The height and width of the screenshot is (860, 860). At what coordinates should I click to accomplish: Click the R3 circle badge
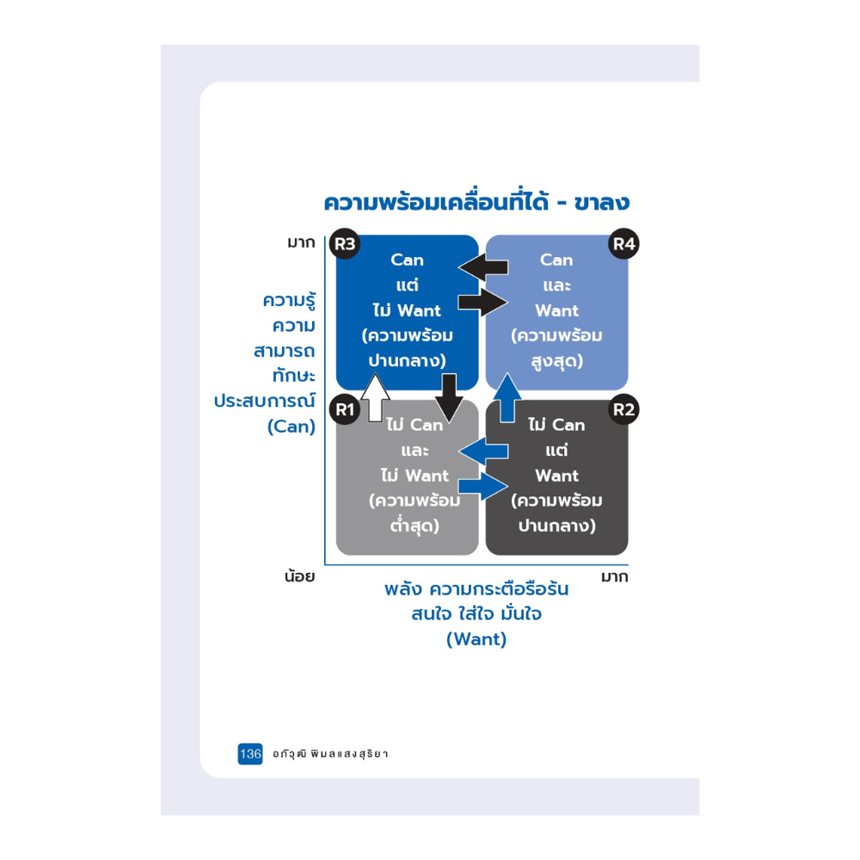click(x=345, y=243)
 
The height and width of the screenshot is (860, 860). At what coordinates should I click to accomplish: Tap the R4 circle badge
click(x=623, y=243)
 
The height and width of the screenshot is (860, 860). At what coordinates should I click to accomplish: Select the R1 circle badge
click(x=345, y=409)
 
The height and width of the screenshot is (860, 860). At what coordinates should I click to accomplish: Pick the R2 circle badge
click(x=623, y=409)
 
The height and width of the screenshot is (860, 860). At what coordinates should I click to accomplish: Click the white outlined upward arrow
click(x=375, y=397)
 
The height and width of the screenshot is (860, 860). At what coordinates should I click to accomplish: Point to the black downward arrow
click(x=449, y=398)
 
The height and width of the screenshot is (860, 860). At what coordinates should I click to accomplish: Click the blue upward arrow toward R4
click(x=507, y=397)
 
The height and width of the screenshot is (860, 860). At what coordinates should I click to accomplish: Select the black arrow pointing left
click(x=483, y=267)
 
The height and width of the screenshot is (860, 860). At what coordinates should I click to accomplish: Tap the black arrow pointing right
click(x=483, y=302)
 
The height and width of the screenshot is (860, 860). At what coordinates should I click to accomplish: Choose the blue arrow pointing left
click(x=483, y=451)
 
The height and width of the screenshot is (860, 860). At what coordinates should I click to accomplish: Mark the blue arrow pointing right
click(x=483, y=486)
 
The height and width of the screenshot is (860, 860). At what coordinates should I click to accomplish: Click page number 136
click(x=250, y=753)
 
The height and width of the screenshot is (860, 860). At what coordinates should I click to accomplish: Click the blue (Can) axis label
click(x=292, y=427)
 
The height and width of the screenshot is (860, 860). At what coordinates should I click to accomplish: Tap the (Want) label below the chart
click(x=476, y=640)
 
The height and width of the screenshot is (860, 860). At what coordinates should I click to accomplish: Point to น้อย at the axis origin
click(x=299, y=576)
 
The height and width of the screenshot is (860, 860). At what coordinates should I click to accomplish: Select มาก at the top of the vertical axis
click(x=301, y=243)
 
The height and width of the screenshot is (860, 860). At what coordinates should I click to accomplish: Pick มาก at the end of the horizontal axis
click(x=614, y=577)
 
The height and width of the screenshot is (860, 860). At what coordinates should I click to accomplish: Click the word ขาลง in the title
click(x=602, y=203)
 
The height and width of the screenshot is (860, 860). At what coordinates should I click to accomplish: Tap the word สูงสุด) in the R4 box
click(x=556, y=361)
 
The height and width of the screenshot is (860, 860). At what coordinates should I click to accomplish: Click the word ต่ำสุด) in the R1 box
click(x=415, y=525)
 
